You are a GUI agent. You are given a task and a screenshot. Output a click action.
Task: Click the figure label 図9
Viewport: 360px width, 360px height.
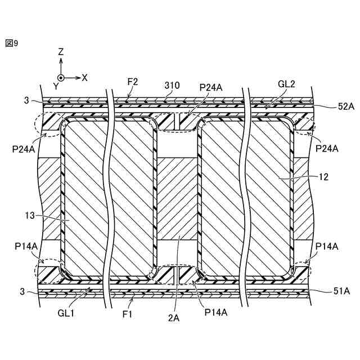pyautogui.click(x=12, y=43)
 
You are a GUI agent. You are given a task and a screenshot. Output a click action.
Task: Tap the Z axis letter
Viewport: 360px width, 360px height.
pyautogui.click(x=61, y=52)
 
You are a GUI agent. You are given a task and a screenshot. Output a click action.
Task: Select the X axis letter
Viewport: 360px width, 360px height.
pyautogui.click(x=84, y=78)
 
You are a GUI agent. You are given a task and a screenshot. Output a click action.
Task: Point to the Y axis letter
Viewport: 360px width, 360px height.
pyautogui.click(x=56, y=86)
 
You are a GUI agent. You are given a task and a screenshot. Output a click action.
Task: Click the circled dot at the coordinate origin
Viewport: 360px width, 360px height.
pyautogui.click(x=61, y=78)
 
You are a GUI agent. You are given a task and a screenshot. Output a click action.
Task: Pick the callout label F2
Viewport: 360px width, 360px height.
pyautogui.click(x=133, y=82)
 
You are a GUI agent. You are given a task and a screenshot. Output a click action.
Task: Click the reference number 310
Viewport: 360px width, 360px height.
pyautogui.click(x=172, y=85)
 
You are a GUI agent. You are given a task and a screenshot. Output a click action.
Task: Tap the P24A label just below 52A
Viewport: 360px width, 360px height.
pyautogui.click(x=326, y=148)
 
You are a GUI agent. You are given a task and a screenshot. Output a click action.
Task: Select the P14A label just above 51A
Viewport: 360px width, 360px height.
pyautogui.click(x=326, y=246)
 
